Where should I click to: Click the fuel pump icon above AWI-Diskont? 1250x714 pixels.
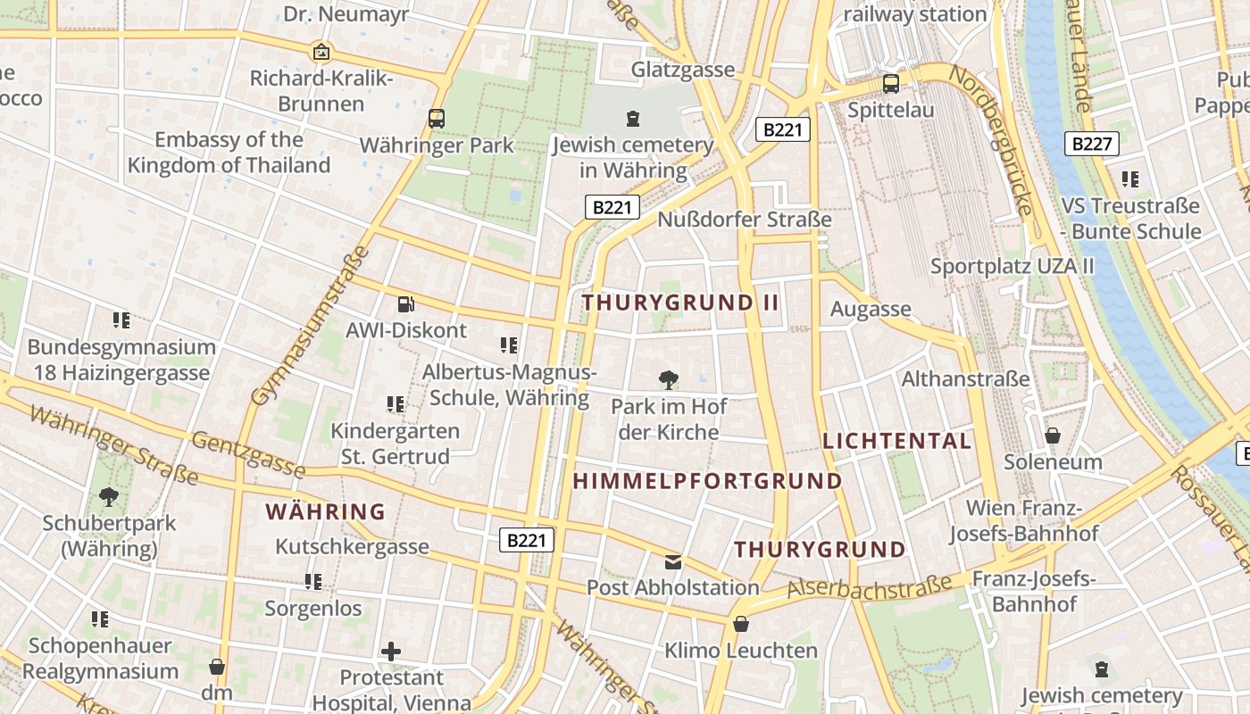405,304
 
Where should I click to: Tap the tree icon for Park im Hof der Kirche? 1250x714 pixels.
668,381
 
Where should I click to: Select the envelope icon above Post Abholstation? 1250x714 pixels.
673,562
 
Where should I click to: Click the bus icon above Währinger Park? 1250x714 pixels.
437,118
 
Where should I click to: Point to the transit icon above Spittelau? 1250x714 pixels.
890,84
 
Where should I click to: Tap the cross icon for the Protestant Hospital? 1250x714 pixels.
390,652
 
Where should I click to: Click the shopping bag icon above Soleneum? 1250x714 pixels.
1053,436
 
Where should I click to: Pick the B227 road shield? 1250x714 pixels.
1091,144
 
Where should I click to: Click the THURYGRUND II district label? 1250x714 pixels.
680,303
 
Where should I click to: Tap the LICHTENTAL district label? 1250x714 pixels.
896,441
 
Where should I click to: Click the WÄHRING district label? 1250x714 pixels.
326,512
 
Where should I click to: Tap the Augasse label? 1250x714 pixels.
871,310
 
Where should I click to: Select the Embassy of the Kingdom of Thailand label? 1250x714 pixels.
229,153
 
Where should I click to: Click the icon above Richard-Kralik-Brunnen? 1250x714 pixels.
321,52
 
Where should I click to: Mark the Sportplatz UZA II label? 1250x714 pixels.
1012,266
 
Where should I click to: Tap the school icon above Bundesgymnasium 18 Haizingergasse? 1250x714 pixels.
121,320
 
